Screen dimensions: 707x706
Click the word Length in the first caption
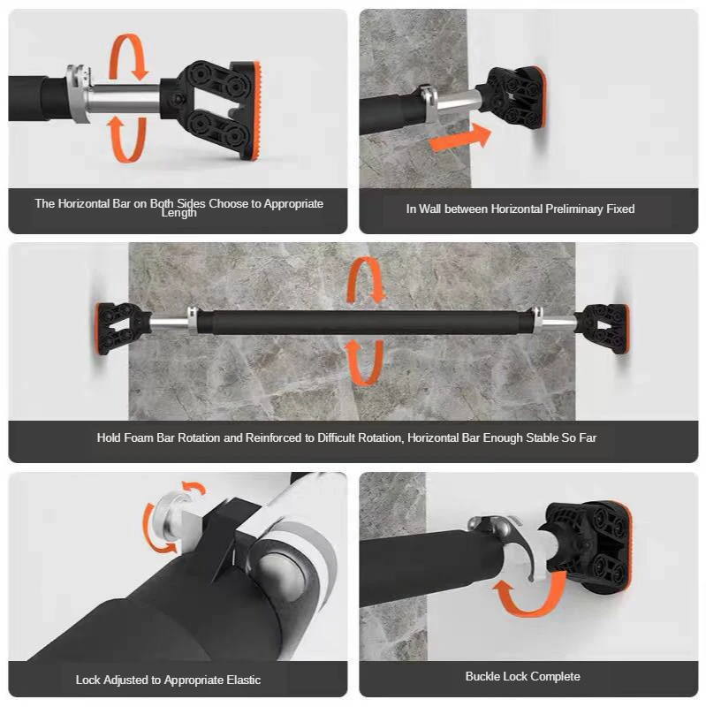tap(178, 214)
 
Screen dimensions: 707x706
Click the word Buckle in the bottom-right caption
tap(484, 676)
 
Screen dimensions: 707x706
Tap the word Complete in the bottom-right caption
tap(553, 676)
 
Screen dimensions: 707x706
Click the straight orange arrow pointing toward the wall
tap(457, 137)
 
